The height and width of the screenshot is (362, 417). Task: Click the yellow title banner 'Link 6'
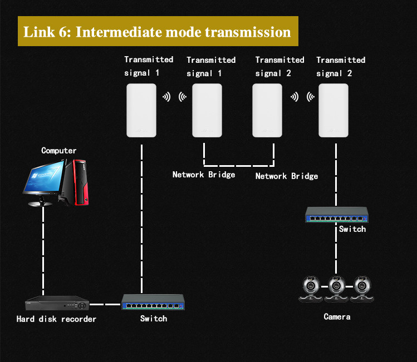[x=158, y=31]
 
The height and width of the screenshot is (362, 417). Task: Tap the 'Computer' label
[x=59, y=151]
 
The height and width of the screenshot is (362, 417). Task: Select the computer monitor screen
[x=44, y=177]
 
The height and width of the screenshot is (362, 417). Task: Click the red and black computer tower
[x=75, y=182]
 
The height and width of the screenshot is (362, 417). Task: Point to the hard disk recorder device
[x=57, y=303]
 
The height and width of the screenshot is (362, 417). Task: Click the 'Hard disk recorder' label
[x=56, y=319]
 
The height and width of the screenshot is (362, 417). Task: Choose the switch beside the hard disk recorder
[x=153, y=302]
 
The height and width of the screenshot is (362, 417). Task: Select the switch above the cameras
[x=337, y=215]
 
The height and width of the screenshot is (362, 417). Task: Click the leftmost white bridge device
[x=141, y=110]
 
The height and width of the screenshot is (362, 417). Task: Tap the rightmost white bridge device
[x=333, y=110]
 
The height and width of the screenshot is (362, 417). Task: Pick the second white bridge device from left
[x=207, y=110]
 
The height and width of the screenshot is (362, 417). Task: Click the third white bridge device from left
[x=267, y=110]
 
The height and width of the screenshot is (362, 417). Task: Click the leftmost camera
[x=311, y=289]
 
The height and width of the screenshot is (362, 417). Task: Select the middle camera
[x=336, y=289]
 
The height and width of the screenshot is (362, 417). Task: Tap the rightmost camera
[x=362, y=289]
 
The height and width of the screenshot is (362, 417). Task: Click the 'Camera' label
[x=337, y=316]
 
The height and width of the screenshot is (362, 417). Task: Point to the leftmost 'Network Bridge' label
[x=204, y=175]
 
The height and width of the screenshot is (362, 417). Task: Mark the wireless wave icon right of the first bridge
[x=166, y=97]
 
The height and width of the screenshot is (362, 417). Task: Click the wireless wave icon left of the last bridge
[x=311, y=97]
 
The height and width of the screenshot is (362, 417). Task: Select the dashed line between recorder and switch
[x=105, y=304]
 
